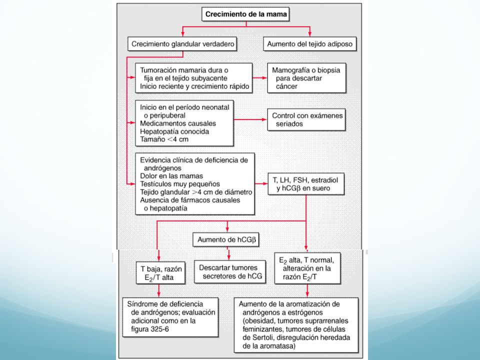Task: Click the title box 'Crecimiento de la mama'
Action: [x=245, y=14]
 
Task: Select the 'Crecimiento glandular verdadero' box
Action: [x=182, y=44]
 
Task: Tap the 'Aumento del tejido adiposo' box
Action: [x=310, y=44]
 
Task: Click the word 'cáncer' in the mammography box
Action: [x=286, y=86]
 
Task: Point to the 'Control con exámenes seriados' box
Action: [x=306, y=119]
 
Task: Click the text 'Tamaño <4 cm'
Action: [x=164, y=139]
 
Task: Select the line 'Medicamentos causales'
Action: [x=178, y=123]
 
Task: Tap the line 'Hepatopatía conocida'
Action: [x=174, y=131]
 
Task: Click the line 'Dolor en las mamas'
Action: [x=171, y=176]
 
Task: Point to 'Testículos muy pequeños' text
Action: [x=180, y=184]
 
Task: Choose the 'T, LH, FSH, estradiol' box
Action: [x=306, y=184]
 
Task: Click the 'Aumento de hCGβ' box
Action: [x=226, y=239]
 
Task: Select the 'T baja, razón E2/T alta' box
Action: [x=161, y=272]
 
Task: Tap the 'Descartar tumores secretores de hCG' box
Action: [x=230, y=272]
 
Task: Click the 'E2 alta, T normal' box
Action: [x=307, y=268]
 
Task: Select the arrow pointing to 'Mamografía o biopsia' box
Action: [x=260, y=78]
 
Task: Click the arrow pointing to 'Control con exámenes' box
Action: [x=250, y=119]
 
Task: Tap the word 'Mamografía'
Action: [x=290, y=70]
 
